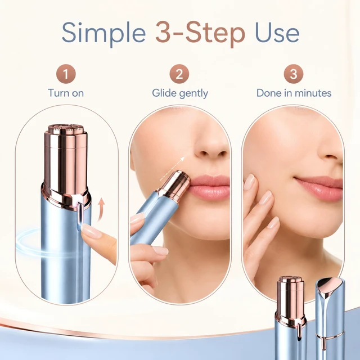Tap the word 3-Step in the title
pyautogui.click(x=200, y=33)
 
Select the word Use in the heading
pyautogui.click(x=277, y=32)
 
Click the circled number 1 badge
pyautogui.click(x=66, y=74)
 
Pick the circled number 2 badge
pyautogui.click(x=179, y=74)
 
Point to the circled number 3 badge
pyautogui.click(x=294, y=74)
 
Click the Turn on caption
pyautogui.click(x=66, y=93)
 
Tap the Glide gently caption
pyautogui.click(x=180, y=93)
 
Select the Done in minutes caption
pyautogui.click(x=294, y=93)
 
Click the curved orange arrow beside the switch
pyautogui.click(x=101, y=210)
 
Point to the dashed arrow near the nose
pyautogui.click(x=172, y=169)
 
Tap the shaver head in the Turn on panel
pyautogui.click(x=66, y=129)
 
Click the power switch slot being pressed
pyautogui.click(x=80, y=215)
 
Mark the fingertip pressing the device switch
pyautogui.click(x=91, y=231)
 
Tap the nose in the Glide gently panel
pyautogui.click(x=210, y=147)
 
